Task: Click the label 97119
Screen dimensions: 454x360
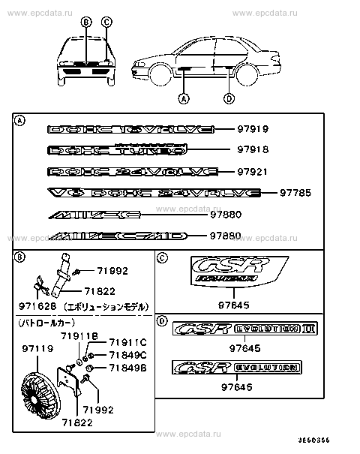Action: coord(37,348)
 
